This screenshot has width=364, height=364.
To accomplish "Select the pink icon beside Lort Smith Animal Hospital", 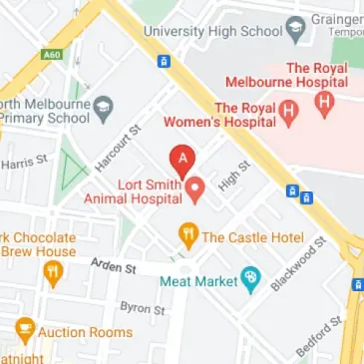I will tap(196, 186).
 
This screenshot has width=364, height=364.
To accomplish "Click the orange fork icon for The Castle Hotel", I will tap(187, 236).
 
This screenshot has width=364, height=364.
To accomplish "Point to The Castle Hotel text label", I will tap(251, 237).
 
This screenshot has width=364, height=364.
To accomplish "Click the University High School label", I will tap(212, 31).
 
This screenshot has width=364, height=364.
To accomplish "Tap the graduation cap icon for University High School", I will tap(296, 31).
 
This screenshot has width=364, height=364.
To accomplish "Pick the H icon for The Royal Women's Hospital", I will tap(289, 115).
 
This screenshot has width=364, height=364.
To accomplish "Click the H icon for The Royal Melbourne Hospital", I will tap(323, 101).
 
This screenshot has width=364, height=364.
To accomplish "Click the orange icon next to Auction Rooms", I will tap(26, 330).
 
